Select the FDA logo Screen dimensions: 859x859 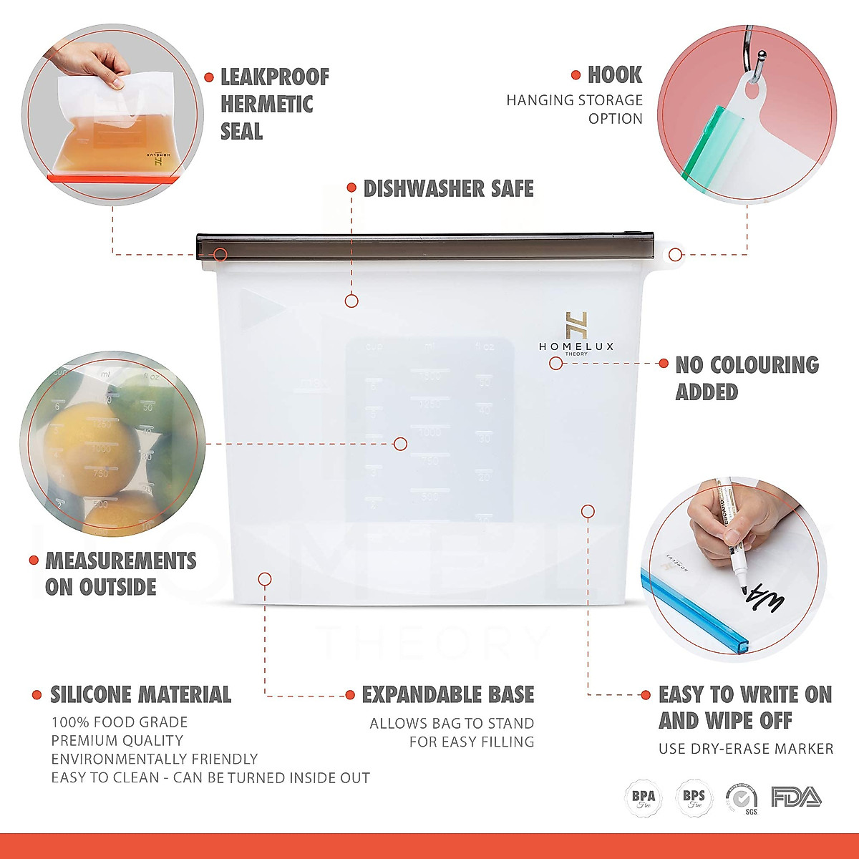(796, 797)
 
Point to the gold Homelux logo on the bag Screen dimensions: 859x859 (576, 326)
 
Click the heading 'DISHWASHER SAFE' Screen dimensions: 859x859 (448, 189)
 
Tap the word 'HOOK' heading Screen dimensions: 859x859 (614, 75)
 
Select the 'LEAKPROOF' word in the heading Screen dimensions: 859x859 (275, 77)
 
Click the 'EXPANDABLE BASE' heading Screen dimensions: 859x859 (448, 694)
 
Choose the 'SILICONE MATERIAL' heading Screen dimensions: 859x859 (140, 694)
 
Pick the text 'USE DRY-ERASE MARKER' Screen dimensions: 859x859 (746, 749)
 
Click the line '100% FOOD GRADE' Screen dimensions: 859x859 (120, 722)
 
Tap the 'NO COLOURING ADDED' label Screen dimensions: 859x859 (747, 378)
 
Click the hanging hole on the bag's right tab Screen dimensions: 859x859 (675, 254)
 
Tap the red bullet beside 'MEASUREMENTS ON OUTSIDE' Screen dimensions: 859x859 (34, 560)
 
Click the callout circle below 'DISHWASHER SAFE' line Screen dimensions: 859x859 (351, 301)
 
